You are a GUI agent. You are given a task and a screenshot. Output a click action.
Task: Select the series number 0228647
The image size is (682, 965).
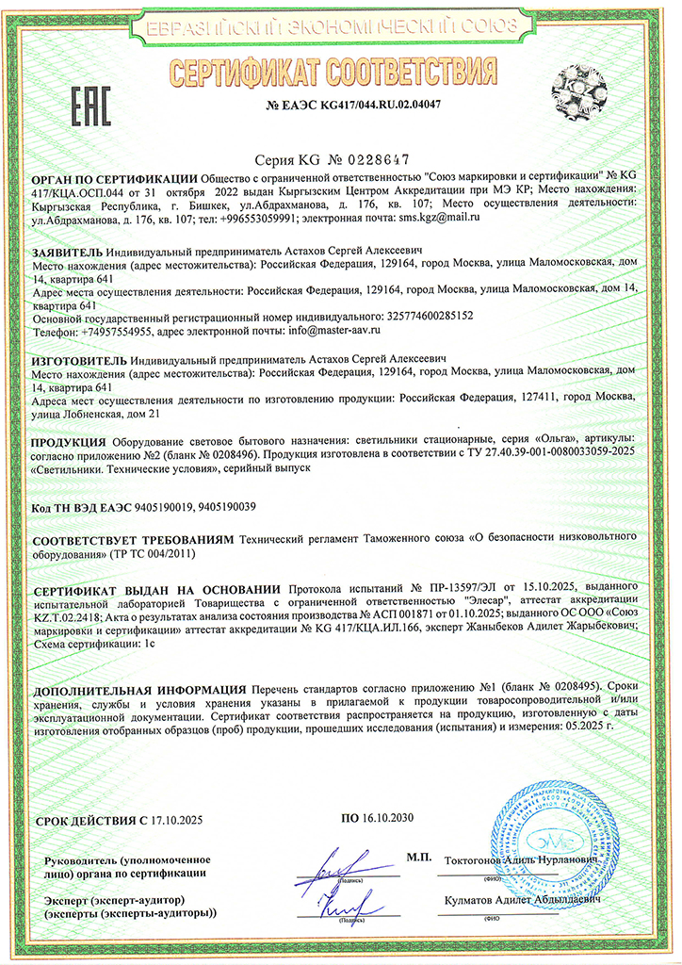pyautogui.click(x=368, y=159)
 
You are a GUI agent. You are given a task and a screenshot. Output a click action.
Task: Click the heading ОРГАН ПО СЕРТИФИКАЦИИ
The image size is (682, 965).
pyautogui.click(x=115, y=177)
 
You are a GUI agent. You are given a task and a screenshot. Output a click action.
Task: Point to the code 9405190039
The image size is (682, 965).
pyautogui.click(x=239, y=507)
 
